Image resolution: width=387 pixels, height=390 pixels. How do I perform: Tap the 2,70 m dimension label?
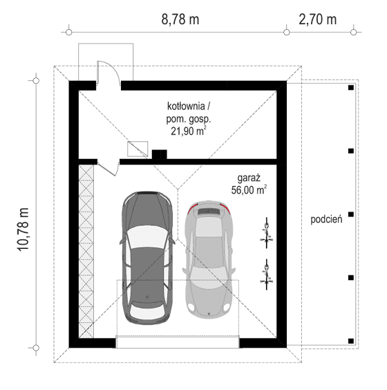pos(318,19)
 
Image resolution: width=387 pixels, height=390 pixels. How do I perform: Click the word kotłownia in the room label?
pos(186,106)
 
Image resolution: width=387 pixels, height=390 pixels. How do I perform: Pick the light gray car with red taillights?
pos(210,259)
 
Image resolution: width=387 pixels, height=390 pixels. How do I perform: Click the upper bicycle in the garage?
pos(265,232)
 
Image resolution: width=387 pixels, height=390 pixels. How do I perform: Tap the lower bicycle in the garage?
pos(265,272)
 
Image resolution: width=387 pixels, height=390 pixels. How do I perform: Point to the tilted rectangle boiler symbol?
pos(138,148)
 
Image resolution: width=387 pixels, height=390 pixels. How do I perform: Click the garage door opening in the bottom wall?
pos(177,341)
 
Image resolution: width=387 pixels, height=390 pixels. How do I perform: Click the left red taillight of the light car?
pos(193,207)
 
